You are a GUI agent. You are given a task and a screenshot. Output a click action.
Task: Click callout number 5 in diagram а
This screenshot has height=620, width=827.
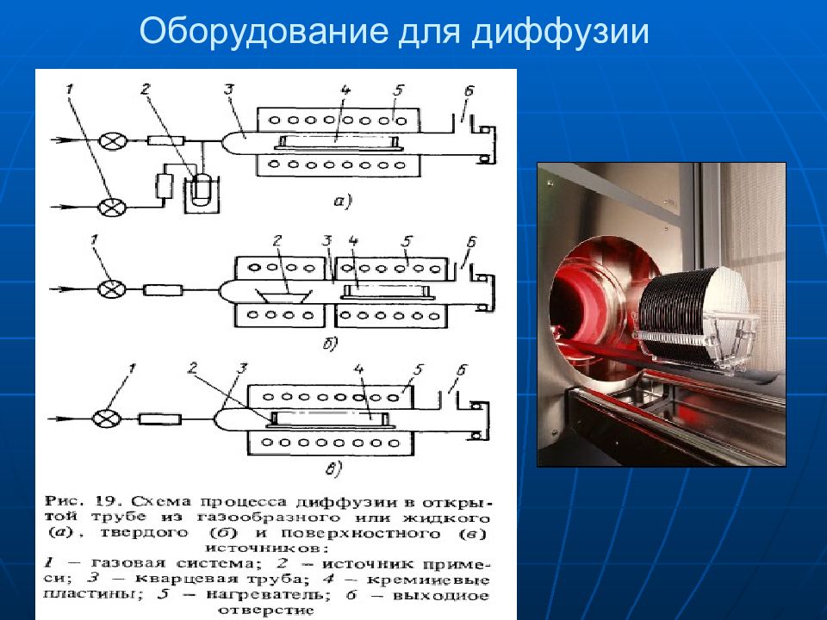(399, 89)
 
